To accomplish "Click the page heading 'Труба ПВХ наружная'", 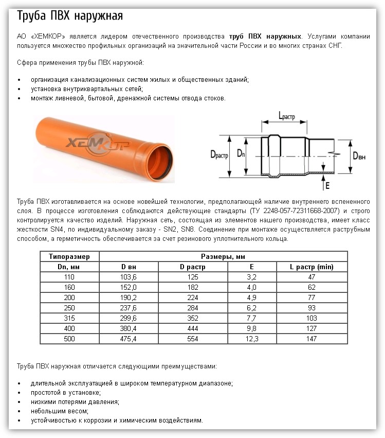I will click(70, 16).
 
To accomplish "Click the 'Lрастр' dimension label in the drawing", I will click(285, 117).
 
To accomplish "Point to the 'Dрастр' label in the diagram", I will click(219, 153).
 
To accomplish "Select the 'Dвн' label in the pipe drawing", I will click(360, 155).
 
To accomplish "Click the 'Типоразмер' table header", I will click(69, 256).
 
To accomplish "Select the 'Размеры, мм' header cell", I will click(223, 256).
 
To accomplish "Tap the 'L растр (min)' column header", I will click(311, 267).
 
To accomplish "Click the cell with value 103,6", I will click(129, 277).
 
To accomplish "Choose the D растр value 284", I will click(193, 308).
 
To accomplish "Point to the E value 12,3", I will click(251, 339).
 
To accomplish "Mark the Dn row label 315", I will click(69, 318).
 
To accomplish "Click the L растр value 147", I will click(311, 339).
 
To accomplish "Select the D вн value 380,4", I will click(129, 328).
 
